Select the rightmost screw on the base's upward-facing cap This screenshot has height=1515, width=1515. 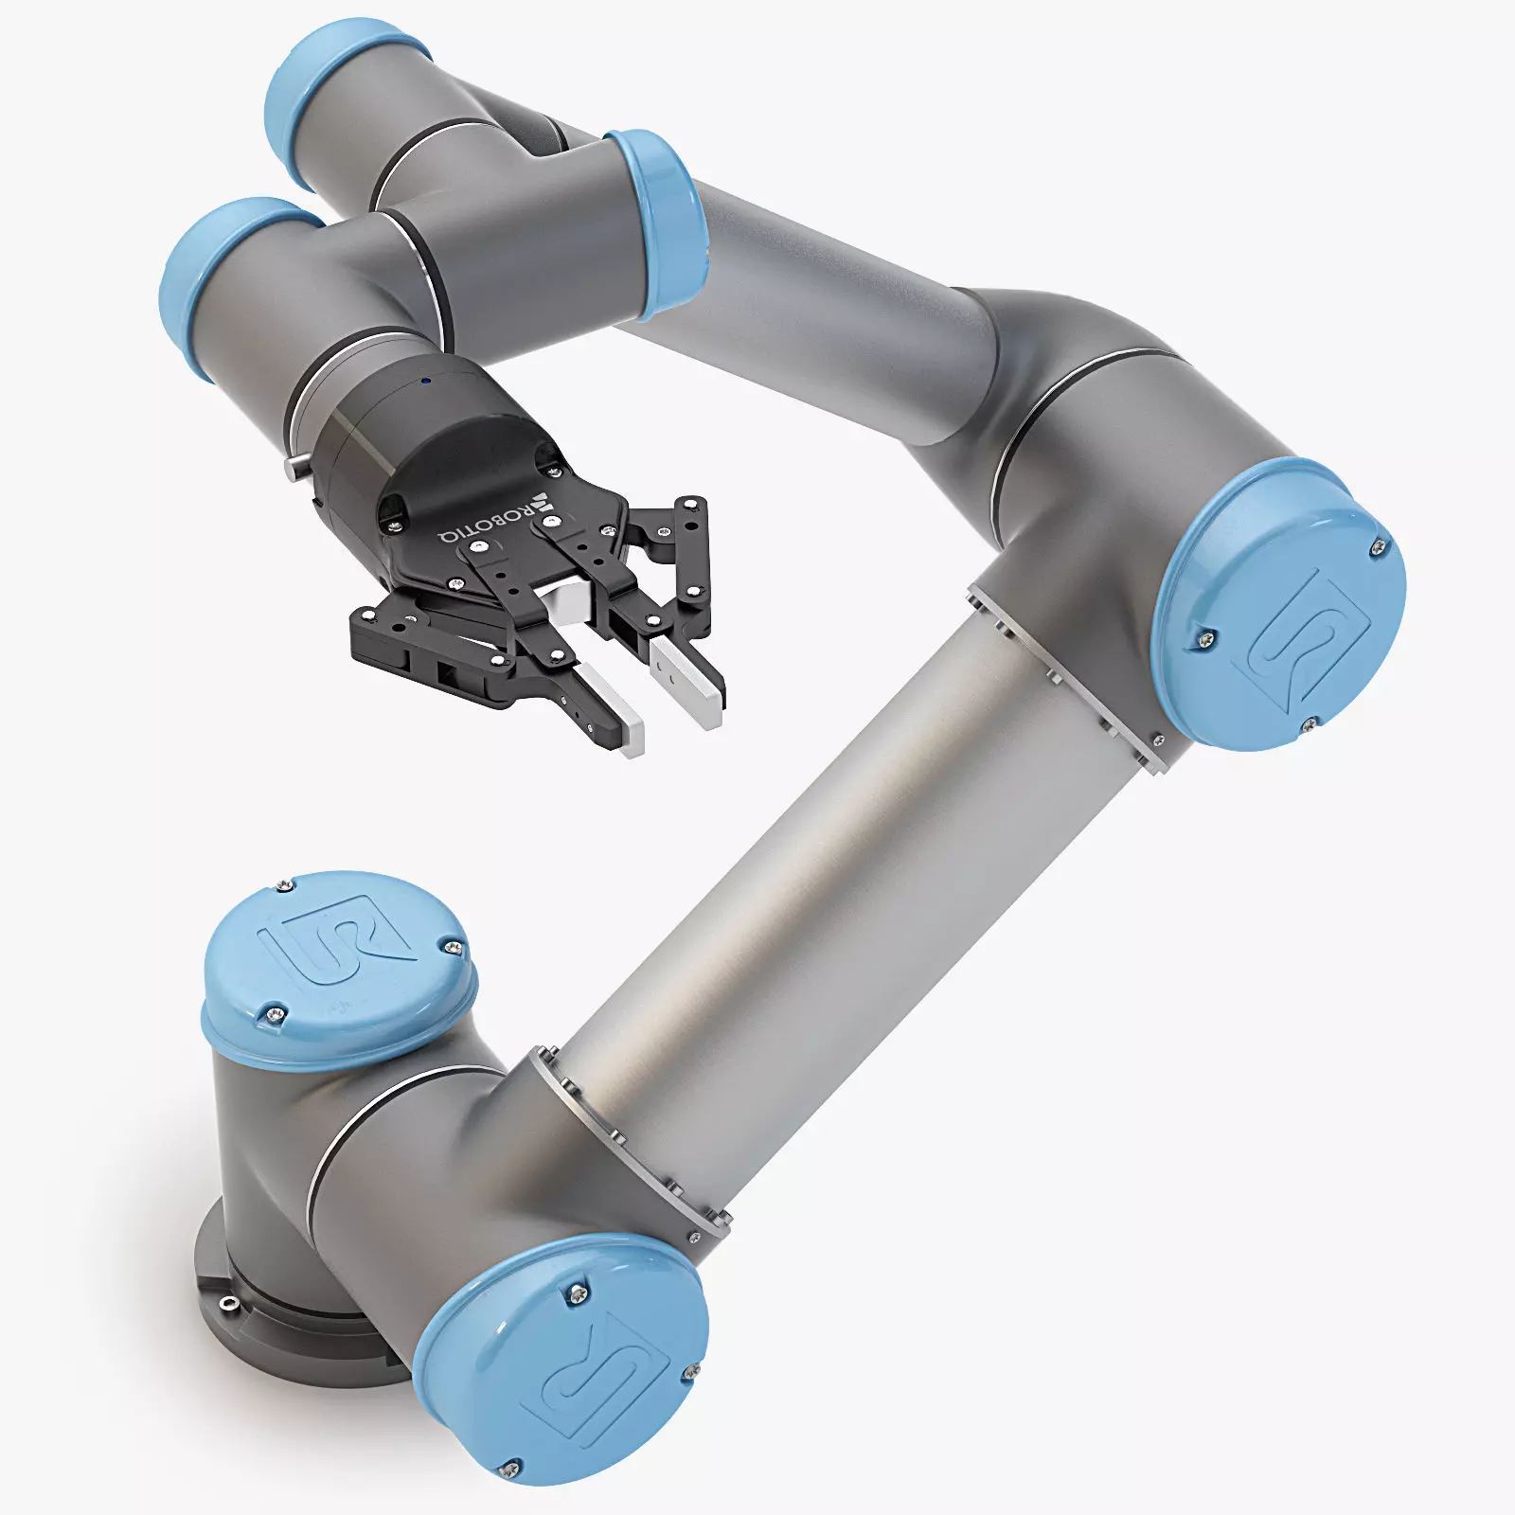[x=454, y=946]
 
